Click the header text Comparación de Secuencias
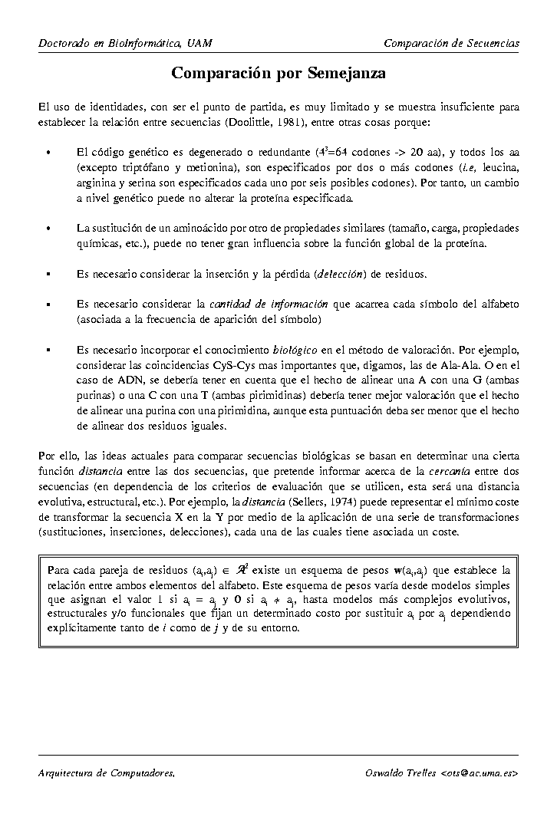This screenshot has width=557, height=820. click(x=451, y=43)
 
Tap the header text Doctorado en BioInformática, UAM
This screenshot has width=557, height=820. click(x=125, y=43)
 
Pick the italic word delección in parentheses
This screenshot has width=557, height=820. click(x=341, y=274)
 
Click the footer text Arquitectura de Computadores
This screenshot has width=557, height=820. click(x=107, y=773)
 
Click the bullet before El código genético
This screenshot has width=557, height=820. click(x=48, y=153)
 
